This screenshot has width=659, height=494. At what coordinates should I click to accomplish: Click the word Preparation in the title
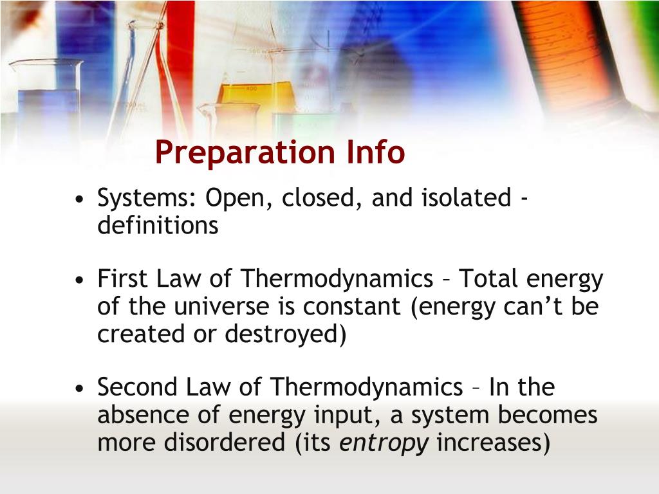[245, 153]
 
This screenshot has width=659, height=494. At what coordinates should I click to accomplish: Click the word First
[122, 278]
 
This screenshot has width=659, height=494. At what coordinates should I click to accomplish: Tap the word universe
[221, 306]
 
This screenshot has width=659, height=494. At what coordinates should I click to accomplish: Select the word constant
[351, 306]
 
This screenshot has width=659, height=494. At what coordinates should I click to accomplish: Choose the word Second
[137, 387]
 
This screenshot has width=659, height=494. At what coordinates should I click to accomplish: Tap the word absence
[144, 415]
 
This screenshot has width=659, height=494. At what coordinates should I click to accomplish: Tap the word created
[141, 334]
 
